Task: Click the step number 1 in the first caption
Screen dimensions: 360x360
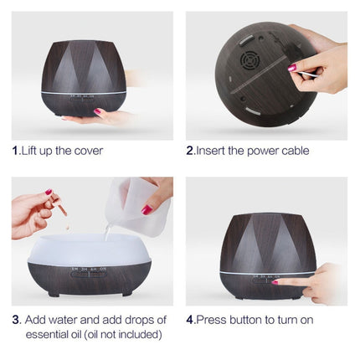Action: [15, 151]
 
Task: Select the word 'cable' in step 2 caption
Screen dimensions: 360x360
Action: [291, 151]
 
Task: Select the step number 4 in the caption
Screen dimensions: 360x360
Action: [189, 320]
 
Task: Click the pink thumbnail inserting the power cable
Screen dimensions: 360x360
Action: [292, 67]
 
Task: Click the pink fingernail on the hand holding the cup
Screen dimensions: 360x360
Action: [147, 209]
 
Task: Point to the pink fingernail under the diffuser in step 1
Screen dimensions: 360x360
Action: [98, 111]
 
